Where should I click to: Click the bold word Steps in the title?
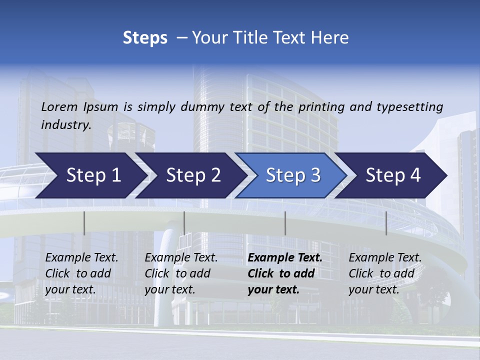[x=145, y=38]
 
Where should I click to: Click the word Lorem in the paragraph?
[x=59, y=106]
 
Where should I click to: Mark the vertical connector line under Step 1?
[x=84, y=223]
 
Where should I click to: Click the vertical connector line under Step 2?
[x=184, y=223]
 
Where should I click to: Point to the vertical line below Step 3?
[x=285, y=223]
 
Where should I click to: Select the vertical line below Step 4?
[x=386, y=223]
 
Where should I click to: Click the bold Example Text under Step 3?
[x=285, y=258]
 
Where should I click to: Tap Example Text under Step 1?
[x=81, y=258]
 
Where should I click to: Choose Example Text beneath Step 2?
[x=181, y=258]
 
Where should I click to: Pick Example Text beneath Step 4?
[x=385, y=258]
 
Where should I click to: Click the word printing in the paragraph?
[x=322, y=106]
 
